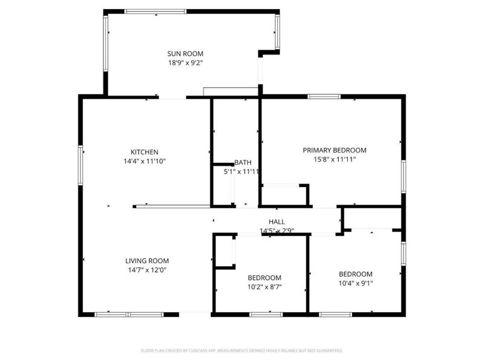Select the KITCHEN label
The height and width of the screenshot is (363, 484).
tap(145, 152)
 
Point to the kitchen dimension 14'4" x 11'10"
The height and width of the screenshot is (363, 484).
tap(145, 161)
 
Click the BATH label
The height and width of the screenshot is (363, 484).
tap(243, 162)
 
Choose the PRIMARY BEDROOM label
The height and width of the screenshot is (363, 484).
tap(335, 150)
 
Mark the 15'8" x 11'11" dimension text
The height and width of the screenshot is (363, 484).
tap(335, 159)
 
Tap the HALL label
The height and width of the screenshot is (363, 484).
tap(276, 222)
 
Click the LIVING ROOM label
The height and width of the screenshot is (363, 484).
tap(147, 261)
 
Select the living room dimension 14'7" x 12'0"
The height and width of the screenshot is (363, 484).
tap(147, 270)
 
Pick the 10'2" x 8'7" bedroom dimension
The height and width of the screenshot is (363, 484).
tap(264, 287)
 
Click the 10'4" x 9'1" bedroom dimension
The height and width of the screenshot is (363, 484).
tap(355, 283)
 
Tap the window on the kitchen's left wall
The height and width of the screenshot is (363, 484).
tap(80, 163)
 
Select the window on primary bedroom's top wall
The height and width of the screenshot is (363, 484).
tap(324, 96)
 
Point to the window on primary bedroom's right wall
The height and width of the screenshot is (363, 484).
tap(403, 177)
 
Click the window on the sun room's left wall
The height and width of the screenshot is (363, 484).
tap(106, 43)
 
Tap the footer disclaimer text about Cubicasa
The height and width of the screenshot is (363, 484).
tap(242, 350)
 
